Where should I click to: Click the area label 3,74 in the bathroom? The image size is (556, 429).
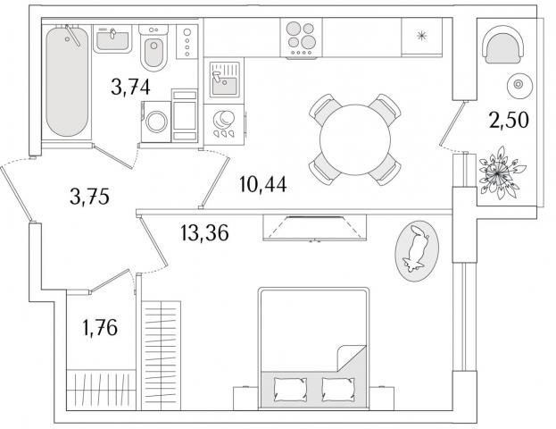click(x=130, y=88)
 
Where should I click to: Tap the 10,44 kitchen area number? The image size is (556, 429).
click(x=262, y=185)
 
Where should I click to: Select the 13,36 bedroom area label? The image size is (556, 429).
click(x=204, y=233)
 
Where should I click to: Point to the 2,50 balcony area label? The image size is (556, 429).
click(x=509, y=120)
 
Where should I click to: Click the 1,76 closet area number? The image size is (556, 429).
click(x=100, y=327)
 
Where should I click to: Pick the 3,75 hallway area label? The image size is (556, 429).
click(x=89, y=197)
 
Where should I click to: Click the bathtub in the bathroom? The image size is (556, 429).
click(x=67, y=81)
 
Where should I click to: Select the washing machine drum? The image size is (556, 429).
click(x=156, y=122)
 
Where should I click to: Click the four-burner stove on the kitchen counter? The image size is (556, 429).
click(x=301, y=38)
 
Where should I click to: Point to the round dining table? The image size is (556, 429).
click(x=355, y=139)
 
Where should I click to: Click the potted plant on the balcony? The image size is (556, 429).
click(x=500, y=173)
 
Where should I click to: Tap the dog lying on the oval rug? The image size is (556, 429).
click(x=416, y=250)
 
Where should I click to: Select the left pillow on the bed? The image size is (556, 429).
click(x=290, y=389)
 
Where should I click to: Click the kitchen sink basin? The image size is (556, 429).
click(x=225, y=86)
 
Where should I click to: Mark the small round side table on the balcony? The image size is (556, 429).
click(x=519, y=85)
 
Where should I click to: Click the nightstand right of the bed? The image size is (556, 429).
click(x=382, y=399)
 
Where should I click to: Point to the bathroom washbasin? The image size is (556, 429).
click(x=112, y=39)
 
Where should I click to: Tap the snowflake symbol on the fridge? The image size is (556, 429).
click(x=421, y=36)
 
